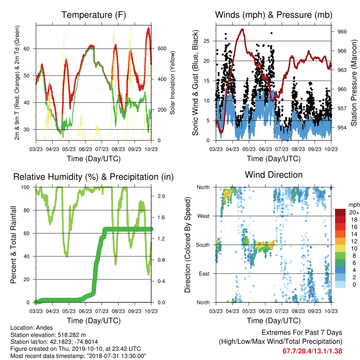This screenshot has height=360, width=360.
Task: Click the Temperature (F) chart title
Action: (x=94, y=15)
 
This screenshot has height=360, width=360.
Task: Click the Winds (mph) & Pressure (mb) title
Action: (x=274, y=15)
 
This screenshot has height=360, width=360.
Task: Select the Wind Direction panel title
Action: (x=274, y=175)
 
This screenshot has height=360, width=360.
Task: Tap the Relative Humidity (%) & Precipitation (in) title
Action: (x=94, y=177)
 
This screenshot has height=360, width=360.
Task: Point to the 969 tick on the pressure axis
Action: (x=342, y=32)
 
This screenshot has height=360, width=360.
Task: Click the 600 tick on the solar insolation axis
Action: (x=162, y=49)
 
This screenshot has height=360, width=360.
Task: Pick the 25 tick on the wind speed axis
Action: (x=207, y=41)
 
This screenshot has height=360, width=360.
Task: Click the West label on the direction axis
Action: (x=204, y=216)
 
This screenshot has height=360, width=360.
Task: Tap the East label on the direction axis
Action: (x=204, y=274)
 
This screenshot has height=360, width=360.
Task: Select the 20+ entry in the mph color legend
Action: (x=354, y=213)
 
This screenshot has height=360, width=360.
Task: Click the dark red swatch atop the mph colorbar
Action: (x=340, y=212)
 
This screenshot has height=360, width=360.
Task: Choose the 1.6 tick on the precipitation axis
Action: (x=161, y=217)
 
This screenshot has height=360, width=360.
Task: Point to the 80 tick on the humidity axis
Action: (x=27, y=210)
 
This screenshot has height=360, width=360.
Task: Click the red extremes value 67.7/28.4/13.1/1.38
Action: (x=312, y=351)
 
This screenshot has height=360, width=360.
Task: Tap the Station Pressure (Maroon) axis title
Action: (x=354, y=83)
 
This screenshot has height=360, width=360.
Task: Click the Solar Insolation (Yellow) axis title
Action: (x=172, y=83)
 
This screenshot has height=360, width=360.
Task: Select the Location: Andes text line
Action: (x=32, y=328)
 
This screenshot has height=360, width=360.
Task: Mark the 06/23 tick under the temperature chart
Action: (x=85, y=149)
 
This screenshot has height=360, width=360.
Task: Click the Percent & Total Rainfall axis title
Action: (x=13, y=245)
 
